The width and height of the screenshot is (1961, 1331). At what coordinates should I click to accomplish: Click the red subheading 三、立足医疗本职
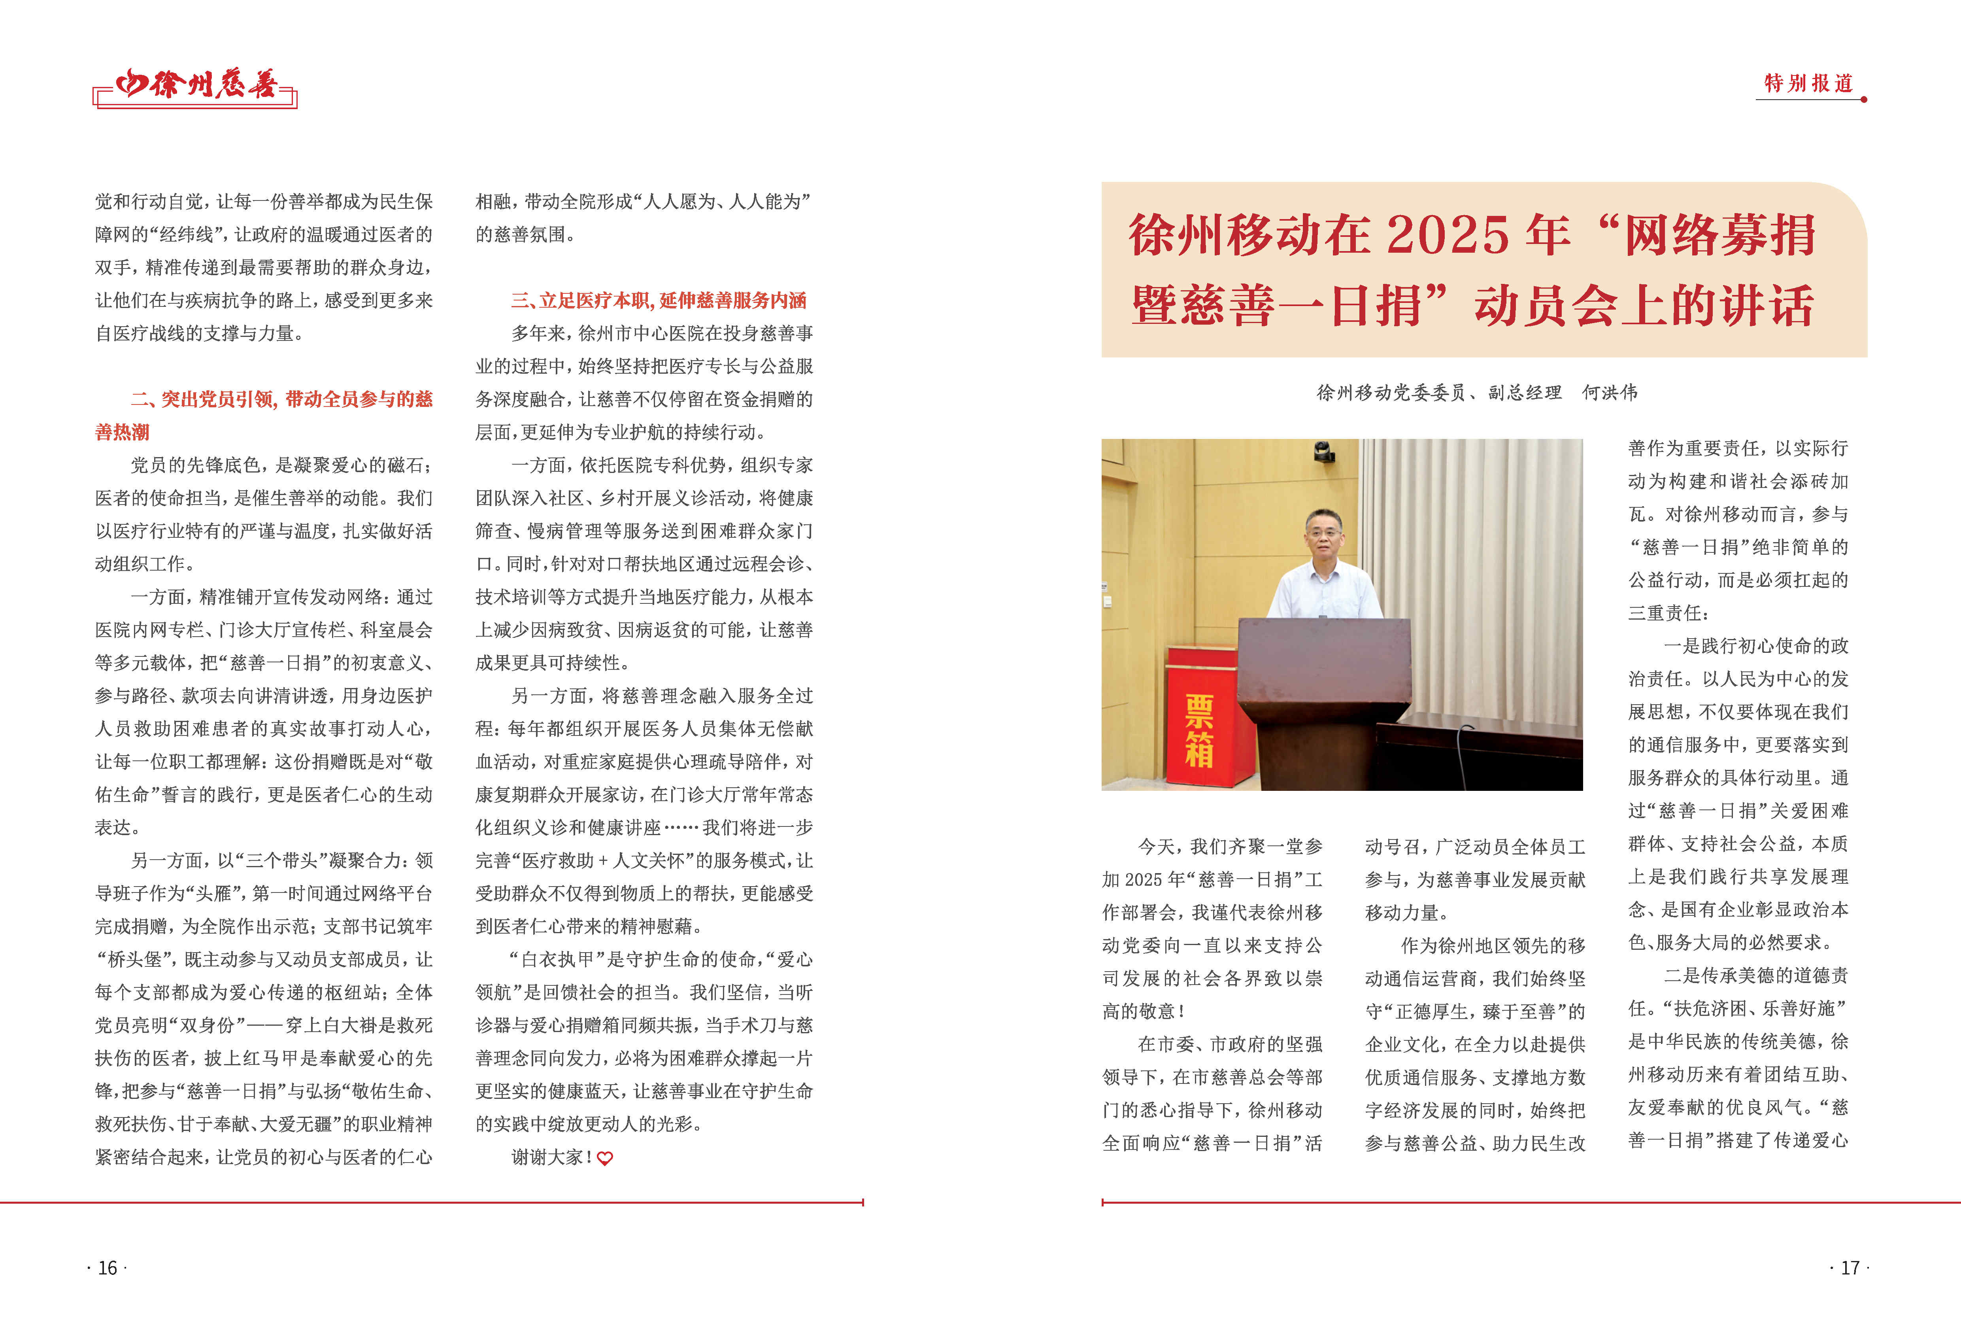click(x=658, y=301)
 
